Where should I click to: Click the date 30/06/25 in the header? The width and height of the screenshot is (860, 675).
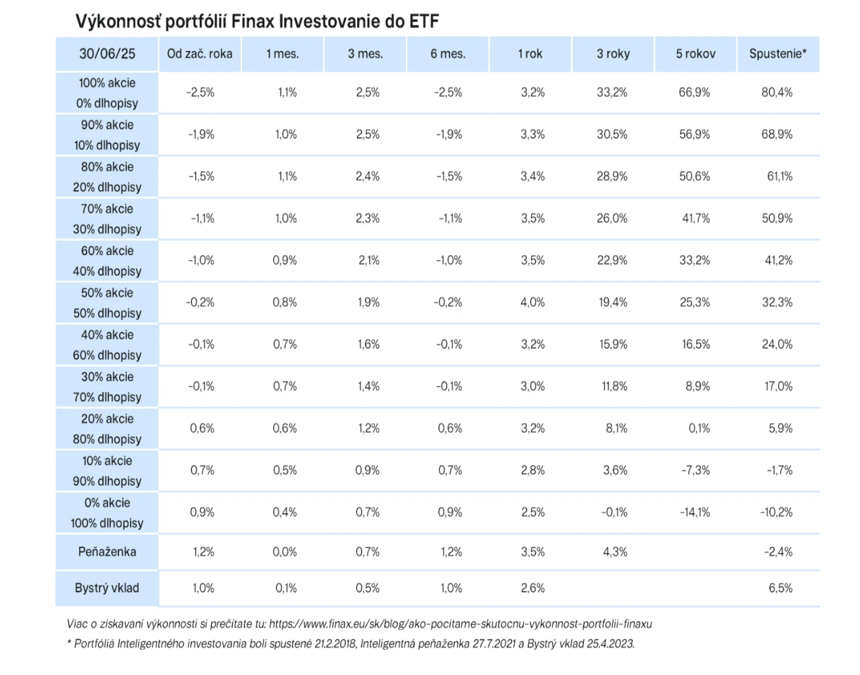pos(107,53)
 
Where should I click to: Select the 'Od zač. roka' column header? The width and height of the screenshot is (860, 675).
pos(199,53)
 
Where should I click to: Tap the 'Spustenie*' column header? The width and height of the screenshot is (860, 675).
pos(778,53)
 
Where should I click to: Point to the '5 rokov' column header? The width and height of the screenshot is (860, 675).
pos(695,53)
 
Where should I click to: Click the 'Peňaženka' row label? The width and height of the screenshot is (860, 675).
pos(107,551)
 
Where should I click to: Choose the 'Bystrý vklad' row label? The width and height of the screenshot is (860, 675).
pos(107,588)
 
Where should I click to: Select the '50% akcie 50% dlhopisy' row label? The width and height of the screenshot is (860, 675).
pos(107,303)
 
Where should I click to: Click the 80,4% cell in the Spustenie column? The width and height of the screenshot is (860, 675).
pos(777,92)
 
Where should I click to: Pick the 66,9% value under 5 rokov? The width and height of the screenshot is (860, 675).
pos(694,92)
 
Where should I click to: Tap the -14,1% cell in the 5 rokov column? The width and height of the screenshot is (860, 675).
pos(695,512)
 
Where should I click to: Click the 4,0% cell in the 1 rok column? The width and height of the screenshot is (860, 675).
pos(532,302)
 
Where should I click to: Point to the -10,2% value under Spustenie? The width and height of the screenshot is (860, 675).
pos(776,512)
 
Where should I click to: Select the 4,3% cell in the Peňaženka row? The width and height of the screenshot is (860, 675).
pos(615,552)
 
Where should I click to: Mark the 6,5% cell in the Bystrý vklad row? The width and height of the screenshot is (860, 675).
pos(780,588)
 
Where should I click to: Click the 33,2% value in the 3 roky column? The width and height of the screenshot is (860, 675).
pos(612,92)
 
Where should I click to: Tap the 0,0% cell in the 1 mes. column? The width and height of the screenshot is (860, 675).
pos(285,552)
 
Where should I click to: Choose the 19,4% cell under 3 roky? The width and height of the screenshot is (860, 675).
pos(612,302)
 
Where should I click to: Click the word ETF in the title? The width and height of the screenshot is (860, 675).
pos(424,22)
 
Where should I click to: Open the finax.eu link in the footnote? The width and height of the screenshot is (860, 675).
pos(460,624)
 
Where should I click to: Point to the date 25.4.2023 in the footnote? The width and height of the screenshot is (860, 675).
pos(610,644)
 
